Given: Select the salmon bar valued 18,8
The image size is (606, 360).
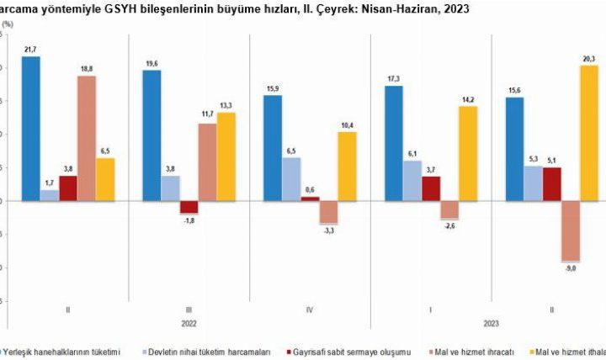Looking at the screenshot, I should tap(86, 138).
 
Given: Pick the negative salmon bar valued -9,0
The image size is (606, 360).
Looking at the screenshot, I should tap(571, 231).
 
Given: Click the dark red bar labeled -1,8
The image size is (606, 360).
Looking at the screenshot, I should tap(189, 207).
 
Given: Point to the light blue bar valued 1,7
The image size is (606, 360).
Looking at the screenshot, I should tap(50, 195).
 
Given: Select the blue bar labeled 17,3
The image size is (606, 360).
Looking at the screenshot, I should tap(393, 143).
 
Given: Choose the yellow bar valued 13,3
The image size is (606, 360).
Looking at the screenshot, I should tap(226, 156).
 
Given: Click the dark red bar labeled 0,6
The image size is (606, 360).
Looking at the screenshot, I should tap(310, 199).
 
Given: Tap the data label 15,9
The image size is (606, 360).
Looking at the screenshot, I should tap(272, 89).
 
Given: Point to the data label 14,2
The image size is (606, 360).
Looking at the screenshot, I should tap(467, 99).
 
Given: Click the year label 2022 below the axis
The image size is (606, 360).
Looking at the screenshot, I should tap(189, 323).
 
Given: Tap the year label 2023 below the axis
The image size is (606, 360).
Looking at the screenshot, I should tap(492, 323).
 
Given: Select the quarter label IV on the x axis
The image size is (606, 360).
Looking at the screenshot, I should tap(310, 309).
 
